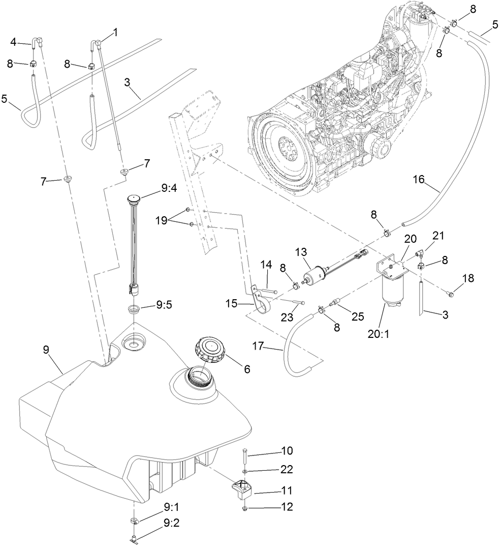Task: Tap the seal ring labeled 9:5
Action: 134,309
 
